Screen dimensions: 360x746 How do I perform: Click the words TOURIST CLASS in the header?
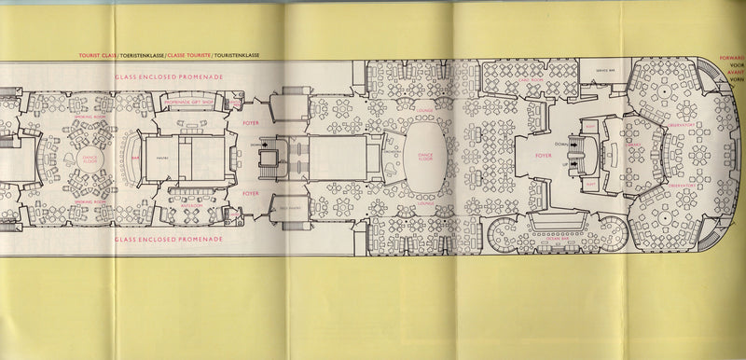pyautogui.click(x=98, y=56)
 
